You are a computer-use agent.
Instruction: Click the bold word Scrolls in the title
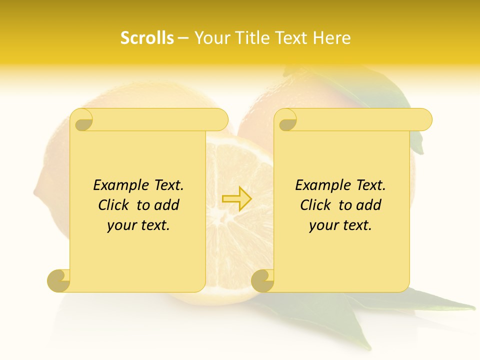coord(147,38)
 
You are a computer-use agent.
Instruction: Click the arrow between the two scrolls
coord(237,198)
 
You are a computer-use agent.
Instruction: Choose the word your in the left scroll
coord(120,225)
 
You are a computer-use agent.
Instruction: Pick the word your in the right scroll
coord(323,225)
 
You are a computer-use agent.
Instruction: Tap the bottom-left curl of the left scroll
coord(58,280)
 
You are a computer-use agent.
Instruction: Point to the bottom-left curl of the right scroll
coord(262,280)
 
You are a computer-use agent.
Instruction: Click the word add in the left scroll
coord(166,205)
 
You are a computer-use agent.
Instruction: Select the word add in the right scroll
coord(369,205)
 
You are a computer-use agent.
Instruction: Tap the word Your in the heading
coord(208,38)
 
